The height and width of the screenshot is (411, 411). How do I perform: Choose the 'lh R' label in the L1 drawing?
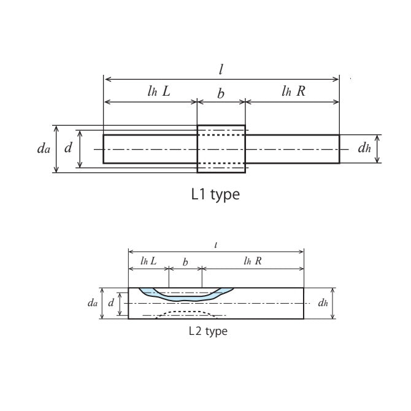click(x=293, y=92)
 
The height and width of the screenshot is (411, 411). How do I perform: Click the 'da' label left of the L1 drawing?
click(x=44, y=149)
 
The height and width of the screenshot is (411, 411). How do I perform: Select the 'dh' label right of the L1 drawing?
click(x=364, y=149)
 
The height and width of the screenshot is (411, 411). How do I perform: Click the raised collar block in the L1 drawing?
click(x=221, y=149)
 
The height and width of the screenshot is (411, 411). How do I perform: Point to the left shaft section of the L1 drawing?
click(x=150, y=149)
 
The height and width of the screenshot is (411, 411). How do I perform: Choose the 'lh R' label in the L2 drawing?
click(x=252, y=261)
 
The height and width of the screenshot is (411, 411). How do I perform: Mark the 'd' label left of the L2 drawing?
click(x=111, y=302)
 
